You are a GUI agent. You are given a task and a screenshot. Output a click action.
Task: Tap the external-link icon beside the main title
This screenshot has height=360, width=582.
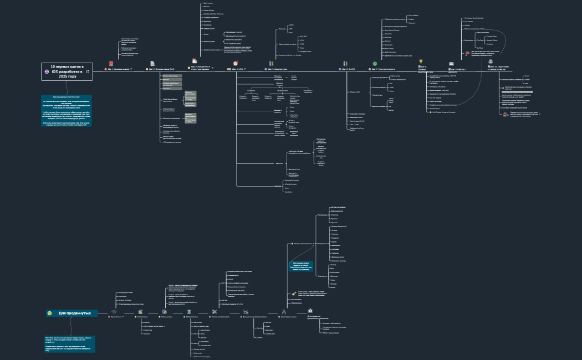point(88,71)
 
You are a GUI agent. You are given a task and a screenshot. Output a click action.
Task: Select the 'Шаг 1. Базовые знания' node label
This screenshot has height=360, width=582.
point(118,69)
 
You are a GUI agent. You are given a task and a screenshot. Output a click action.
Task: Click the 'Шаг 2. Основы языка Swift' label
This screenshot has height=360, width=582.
point(161,69)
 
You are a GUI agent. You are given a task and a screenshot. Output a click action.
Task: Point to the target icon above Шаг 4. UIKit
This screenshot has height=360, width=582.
point(236,63)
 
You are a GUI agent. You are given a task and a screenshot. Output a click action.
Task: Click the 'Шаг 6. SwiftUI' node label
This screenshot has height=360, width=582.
point(349,69)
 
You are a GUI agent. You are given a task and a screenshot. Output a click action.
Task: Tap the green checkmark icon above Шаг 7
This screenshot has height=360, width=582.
point(375,63)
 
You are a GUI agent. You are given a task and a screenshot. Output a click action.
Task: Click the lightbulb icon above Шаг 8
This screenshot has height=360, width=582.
point(421,61)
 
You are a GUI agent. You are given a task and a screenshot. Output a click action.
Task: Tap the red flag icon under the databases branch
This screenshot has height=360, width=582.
point(467,54)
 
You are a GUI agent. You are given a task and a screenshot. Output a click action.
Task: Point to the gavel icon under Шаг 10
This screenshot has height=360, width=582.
point(505,114)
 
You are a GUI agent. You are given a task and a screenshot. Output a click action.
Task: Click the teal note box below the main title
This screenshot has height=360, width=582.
point(67,111)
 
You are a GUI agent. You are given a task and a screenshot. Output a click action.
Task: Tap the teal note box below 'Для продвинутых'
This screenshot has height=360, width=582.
point(70,343)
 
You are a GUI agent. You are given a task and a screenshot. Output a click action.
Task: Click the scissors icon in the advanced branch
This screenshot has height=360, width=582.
point(214,312)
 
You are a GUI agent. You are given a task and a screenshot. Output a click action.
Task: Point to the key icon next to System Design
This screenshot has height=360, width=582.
point(294,294)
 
